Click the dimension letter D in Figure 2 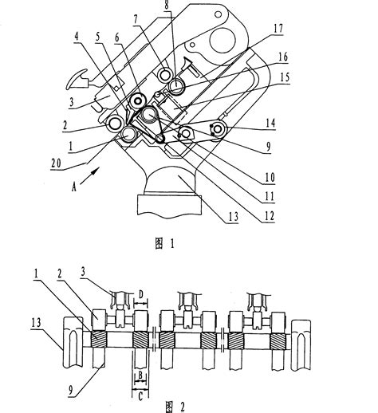point(142,295)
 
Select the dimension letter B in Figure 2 point(140,372)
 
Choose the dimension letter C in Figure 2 point(140,394)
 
